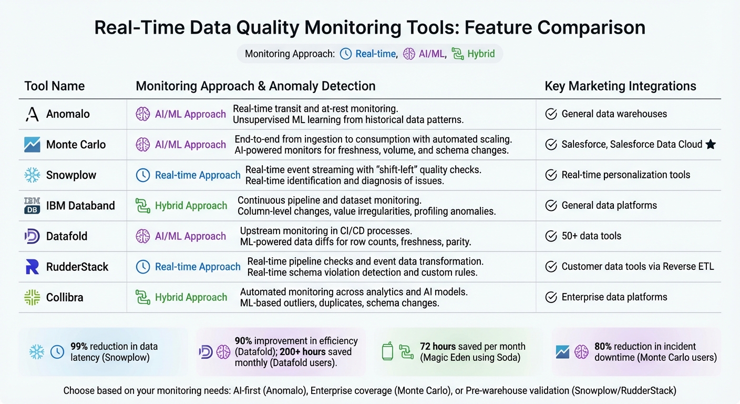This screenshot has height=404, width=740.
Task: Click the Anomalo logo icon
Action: [x=32, y=114]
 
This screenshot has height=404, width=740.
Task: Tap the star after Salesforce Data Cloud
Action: [x=711, y=144]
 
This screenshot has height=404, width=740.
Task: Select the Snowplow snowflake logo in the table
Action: [x=32, y=175]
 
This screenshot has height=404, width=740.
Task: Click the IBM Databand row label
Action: [x=80, y=206]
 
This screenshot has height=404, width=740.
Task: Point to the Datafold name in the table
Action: [x=67, y=236]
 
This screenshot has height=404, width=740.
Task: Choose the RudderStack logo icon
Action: [x=32, y=267]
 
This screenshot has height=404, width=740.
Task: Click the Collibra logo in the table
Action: [x=32, y=297]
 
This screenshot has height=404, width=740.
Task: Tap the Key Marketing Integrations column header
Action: [x=620, y=86]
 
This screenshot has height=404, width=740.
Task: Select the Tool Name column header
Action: [x=54, y=86]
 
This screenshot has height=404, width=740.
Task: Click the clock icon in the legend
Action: [x=346, y=54]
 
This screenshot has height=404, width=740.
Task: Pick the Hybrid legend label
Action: [x=481, y=54]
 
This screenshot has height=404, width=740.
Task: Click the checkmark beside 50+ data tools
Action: [x=551, y=236]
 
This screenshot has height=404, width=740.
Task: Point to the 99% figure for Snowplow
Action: [x=79, y=347]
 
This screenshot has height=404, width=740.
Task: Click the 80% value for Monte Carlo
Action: [x=603, y=347]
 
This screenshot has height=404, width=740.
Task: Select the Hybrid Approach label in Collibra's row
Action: [x=191, y=297]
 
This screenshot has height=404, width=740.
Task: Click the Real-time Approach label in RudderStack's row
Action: [x=198, y=267]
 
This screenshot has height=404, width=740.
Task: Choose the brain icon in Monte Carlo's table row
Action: [x=143, y=145]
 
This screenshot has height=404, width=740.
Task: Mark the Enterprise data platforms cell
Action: [x=614, y=297]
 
